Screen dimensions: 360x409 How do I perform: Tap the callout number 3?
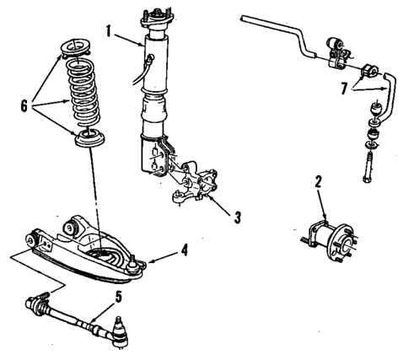pyautogui.click(x=239, y=217)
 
